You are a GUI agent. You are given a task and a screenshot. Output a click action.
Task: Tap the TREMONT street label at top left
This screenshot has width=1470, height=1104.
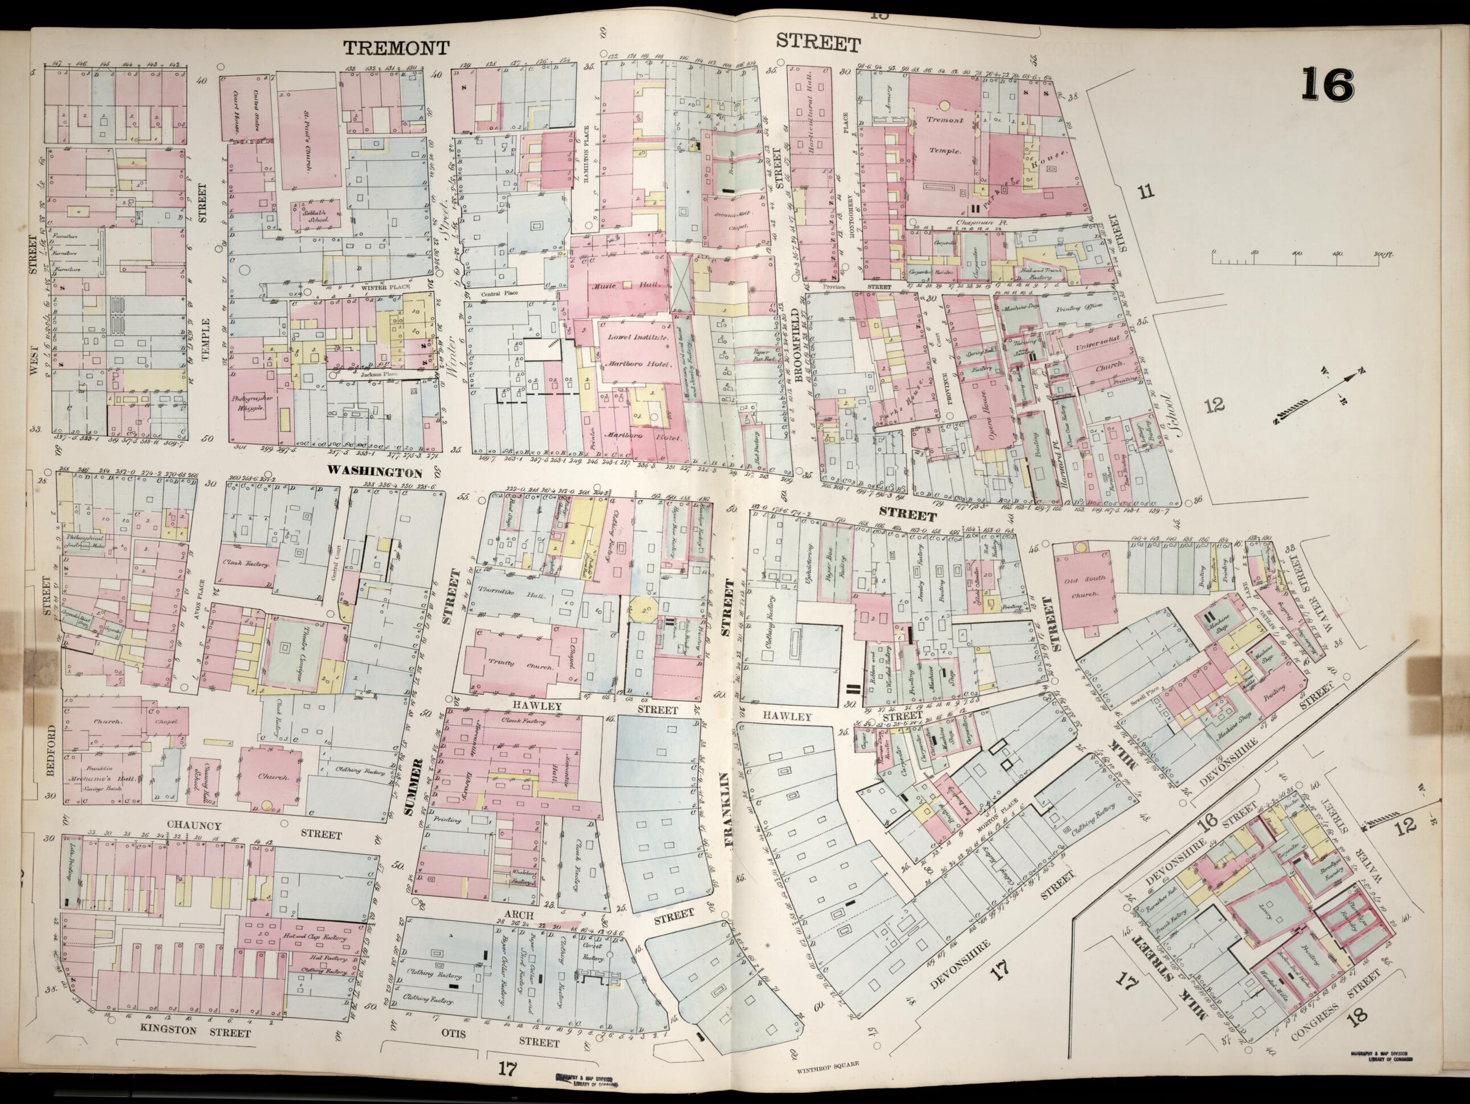[x=397, y=47]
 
